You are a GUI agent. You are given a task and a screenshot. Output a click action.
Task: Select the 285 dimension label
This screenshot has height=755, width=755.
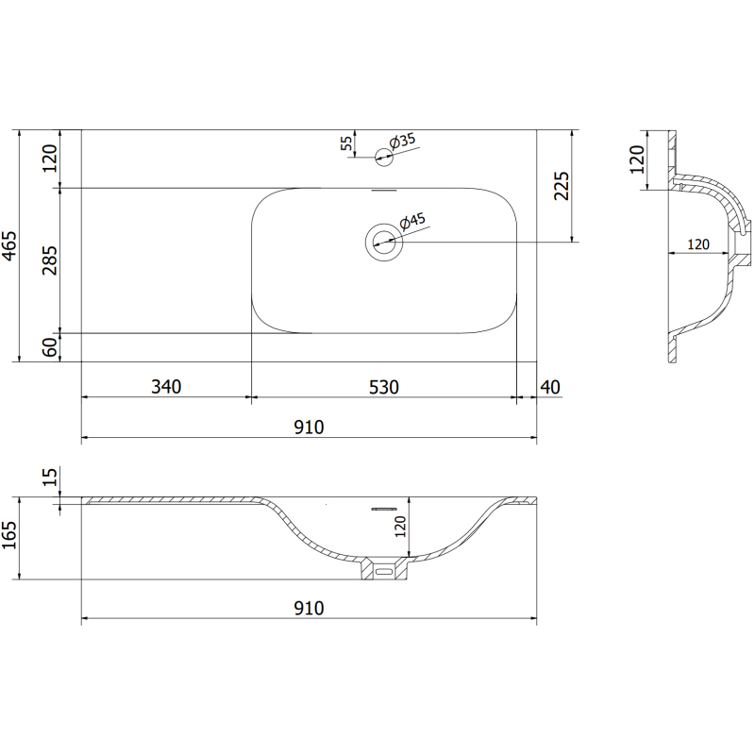click(x=50, y=260)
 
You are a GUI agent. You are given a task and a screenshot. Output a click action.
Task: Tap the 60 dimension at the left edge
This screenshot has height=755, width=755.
click(x=50, y=347)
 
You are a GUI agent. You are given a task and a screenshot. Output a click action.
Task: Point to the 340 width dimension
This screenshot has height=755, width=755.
click(x=165, y=386)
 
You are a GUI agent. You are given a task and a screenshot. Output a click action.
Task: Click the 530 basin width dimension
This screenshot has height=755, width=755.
click(x=384, y=386)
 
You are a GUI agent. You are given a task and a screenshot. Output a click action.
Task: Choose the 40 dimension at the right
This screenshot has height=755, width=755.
click(x=551, y=386)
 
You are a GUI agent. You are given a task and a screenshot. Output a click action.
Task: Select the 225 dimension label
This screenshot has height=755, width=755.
click(x=560, y=187)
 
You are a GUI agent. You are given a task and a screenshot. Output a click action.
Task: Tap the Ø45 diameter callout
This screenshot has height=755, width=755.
click(x=414, y=223)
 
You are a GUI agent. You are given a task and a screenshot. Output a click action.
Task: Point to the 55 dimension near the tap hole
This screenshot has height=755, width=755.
click(x=346, y=143)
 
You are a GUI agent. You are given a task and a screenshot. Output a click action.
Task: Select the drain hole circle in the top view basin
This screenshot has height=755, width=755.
click(x=384, y=243)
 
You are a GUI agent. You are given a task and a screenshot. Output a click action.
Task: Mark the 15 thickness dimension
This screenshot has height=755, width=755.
click(x=50, y=478)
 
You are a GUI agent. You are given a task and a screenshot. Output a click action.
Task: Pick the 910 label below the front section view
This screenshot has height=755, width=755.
click(x=309, y=608)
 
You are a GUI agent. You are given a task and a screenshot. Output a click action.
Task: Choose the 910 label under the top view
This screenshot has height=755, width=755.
click(x=309, y=427)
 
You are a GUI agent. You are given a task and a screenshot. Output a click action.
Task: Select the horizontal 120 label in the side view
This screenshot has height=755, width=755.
click(x=697, y=244)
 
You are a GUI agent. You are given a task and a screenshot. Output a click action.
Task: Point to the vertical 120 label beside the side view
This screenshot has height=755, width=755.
click(x=637, y=159)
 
